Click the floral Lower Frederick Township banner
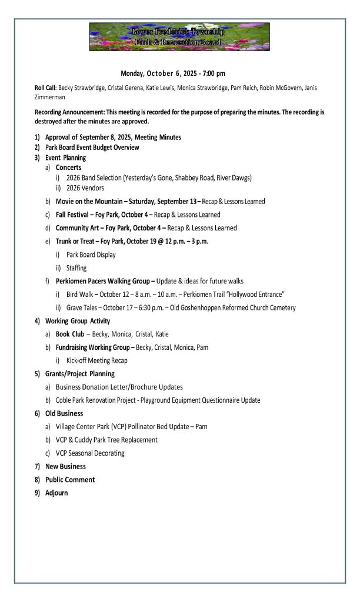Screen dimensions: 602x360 pos(179,37)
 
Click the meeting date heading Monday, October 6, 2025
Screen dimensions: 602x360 pos(173,73)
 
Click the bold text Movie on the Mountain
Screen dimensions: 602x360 pos(94,201)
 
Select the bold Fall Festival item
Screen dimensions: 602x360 pos(78,215)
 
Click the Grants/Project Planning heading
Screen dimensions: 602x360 pos(79,373)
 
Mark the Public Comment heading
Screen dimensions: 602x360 pos(69,480)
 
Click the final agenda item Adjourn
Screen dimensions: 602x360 pos(56,493)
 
